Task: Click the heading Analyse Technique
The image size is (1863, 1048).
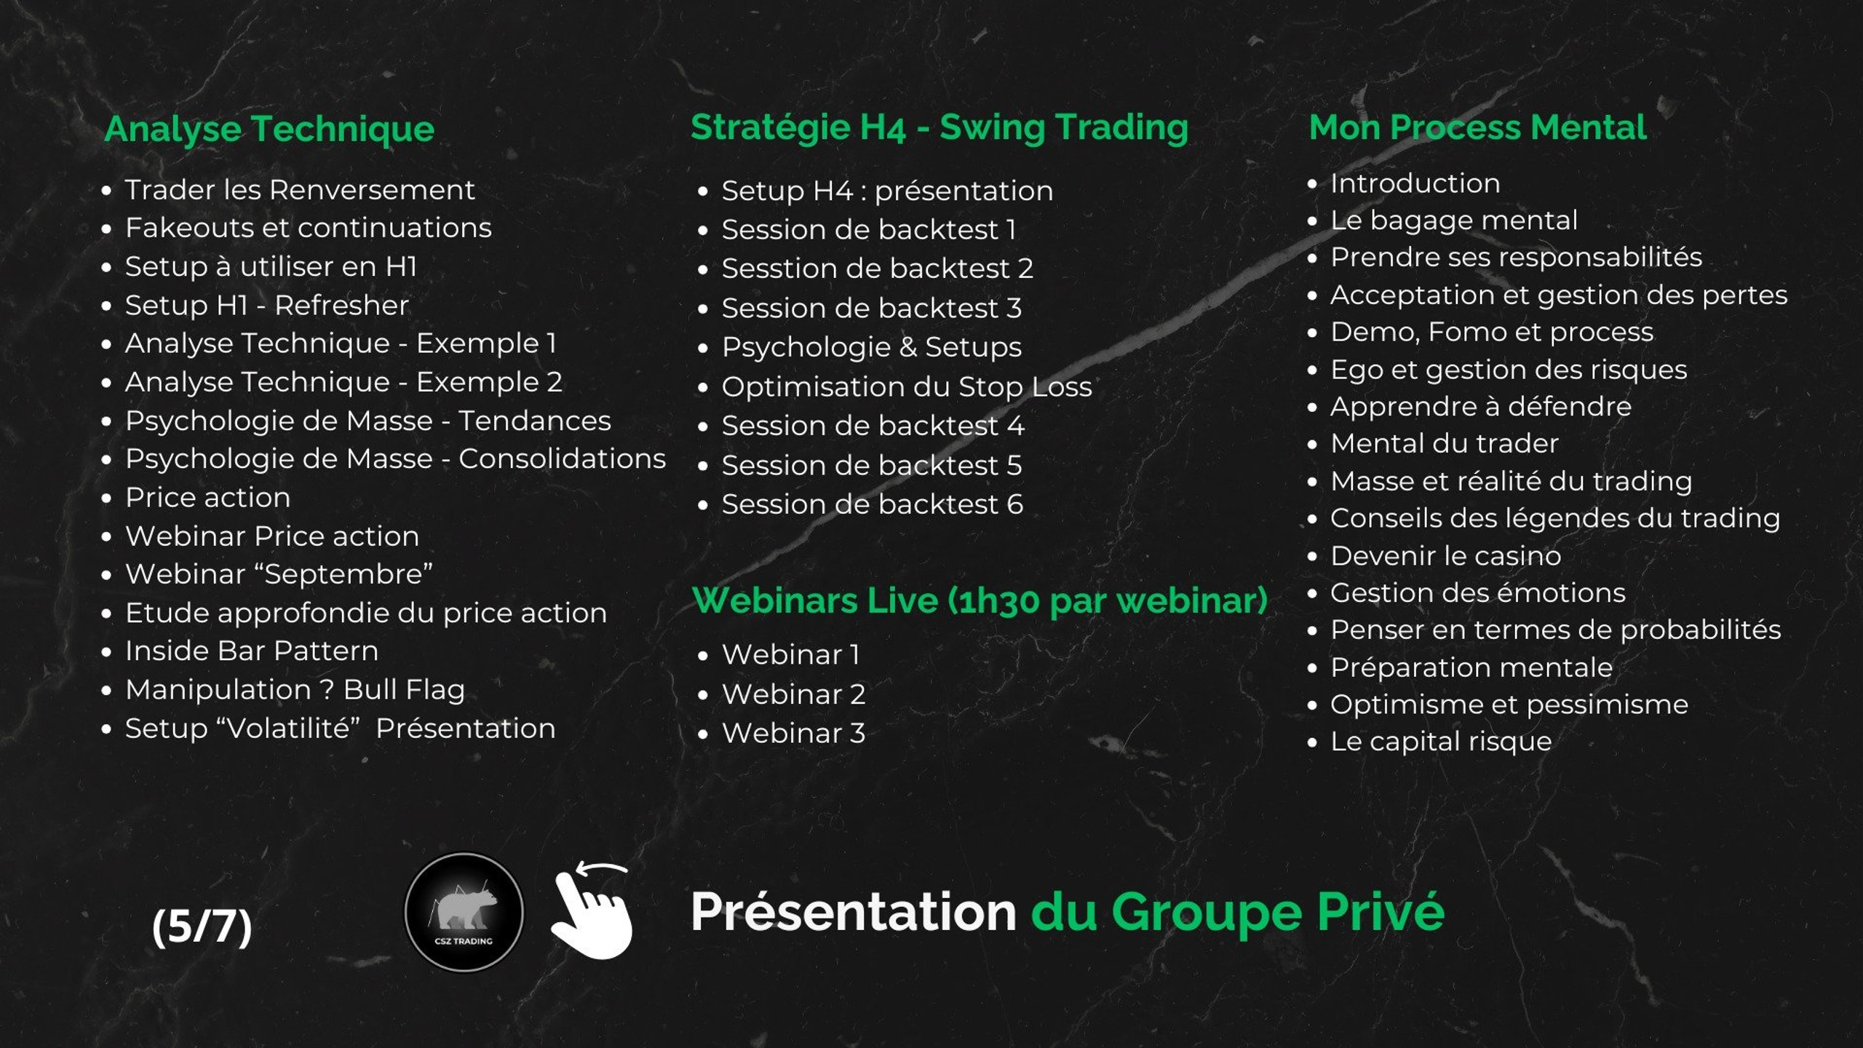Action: click(269, 130)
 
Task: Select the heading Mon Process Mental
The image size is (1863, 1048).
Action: click(1477, 127)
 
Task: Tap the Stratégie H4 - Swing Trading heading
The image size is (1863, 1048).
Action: click(940, 128)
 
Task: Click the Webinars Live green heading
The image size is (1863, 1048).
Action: click(980, 601)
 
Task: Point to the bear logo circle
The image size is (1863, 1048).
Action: click(464, 912)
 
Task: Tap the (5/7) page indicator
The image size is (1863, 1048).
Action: click(202, 926)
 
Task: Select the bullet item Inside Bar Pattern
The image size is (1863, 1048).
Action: click(252, 651)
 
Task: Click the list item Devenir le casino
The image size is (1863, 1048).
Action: click(1446, 556)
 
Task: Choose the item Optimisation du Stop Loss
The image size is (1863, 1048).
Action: click(907, 387)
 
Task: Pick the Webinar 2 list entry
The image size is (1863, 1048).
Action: click(794, 694)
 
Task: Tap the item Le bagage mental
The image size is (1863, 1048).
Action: click(1454, 221)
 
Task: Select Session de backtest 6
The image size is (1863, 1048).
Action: click(873, 504)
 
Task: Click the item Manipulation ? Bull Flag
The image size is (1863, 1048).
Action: click(295, 690)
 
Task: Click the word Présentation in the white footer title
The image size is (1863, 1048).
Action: click(853, 912)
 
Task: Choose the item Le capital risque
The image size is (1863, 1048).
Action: click(1441, 742)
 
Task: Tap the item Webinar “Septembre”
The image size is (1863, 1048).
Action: click(279, 574)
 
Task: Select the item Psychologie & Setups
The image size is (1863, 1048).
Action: click(872, 348)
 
